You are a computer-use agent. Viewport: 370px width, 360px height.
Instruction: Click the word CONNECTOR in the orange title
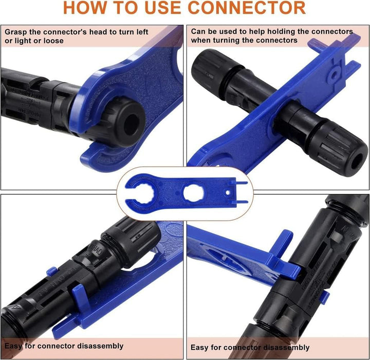(247, 8)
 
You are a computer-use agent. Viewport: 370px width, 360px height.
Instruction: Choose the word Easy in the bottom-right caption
(199, 348)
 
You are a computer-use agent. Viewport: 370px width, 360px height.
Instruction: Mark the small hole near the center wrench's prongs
(228, 193)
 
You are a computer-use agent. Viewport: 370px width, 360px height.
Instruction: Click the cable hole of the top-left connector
(131, 124)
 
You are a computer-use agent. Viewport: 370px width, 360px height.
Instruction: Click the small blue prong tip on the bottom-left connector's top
(52, 272)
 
